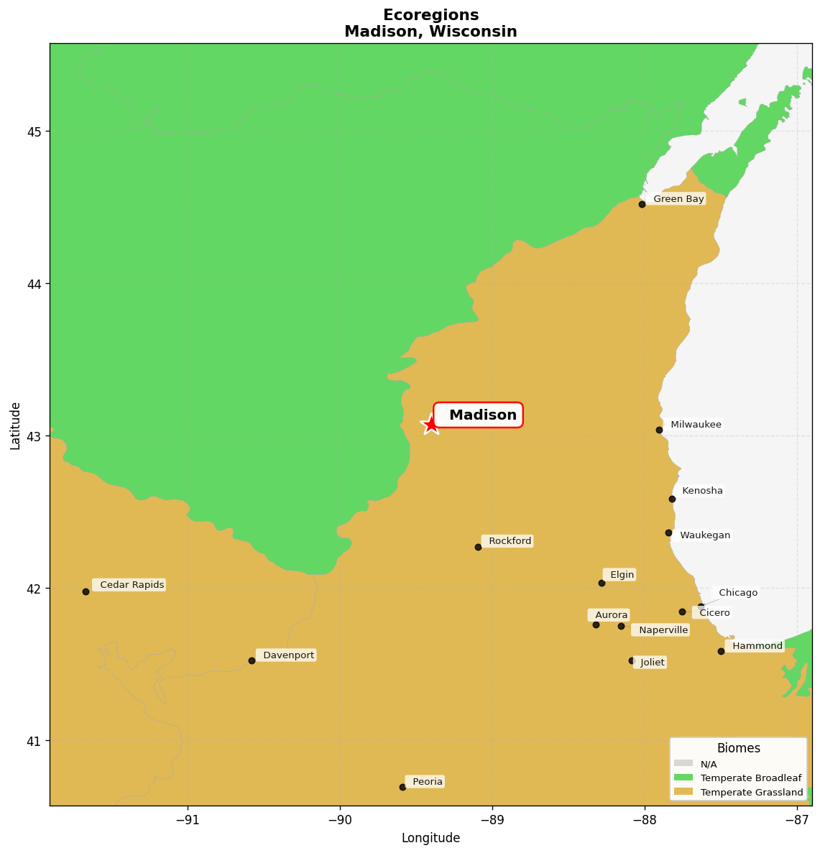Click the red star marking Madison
430,424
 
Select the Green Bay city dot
642,204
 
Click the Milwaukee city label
695,425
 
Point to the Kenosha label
702,491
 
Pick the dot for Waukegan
668,532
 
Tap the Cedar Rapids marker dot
86,591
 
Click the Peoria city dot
402,787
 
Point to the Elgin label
622,575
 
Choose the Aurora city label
611,615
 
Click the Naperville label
663,630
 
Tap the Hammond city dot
721,651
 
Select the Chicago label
737,593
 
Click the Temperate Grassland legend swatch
683,792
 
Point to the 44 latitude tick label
35,284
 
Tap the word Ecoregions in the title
430,15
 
